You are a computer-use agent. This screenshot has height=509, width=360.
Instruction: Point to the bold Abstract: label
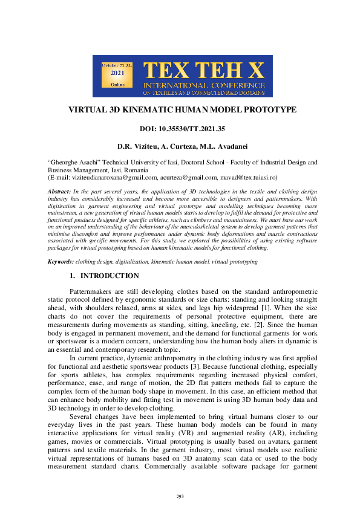59,192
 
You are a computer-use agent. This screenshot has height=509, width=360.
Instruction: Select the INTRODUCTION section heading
110,276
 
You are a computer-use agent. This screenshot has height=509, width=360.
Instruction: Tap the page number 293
180,496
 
